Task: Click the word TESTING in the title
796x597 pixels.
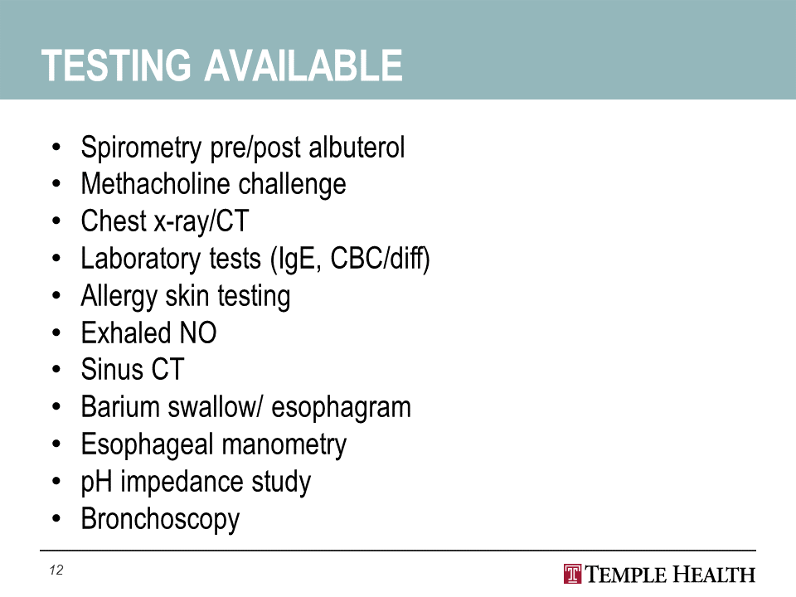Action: coord(116,66)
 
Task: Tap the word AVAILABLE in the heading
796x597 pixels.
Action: coord(303,66)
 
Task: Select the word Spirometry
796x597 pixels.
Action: coord(141,148)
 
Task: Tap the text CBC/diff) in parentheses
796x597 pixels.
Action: coord(381,259)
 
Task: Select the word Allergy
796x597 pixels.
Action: coord(119,297)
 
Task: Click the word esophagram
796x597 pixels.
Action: coord(341,408)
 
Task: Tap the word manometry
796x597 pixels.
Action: coord(284,445)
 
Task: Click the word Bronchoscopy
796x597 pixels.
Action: coord(160,520)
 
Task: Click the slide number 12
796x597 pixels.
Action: coord(56,570)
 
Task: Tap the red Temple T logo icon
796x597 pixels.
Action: coord(573,574)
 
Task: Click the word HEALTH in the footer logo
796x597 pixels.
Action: coord(714,575)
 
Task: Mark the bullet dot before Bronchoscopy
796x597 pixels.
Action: coord(56,519)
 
